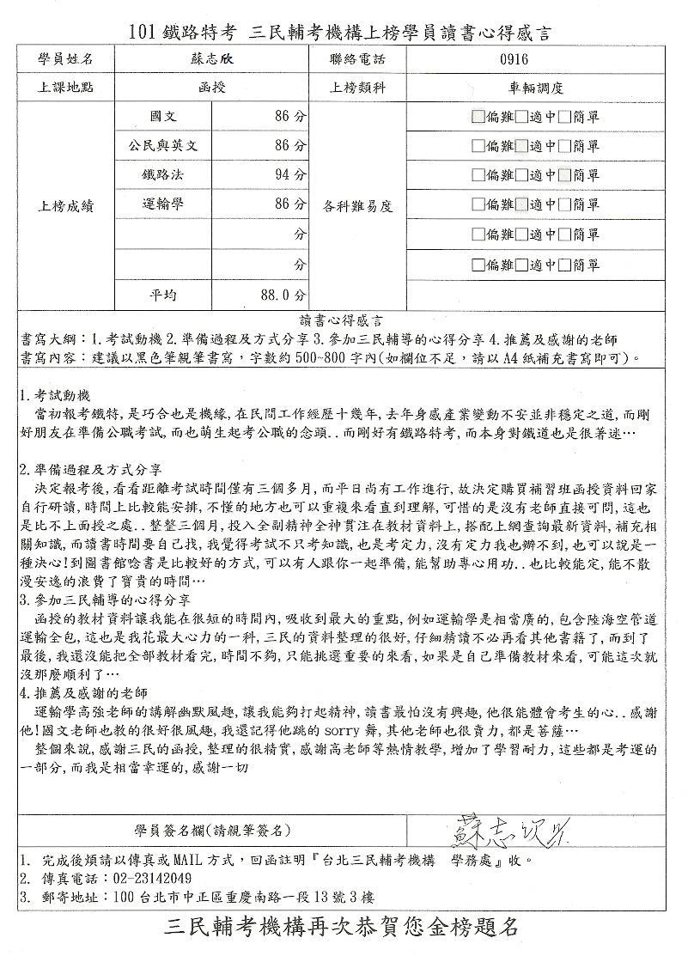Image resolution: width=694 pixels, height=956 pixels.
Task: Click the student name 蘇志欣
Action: tap(212, 58)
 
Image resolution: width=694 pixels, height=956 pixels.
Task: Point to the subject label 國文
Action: tap(162, 115)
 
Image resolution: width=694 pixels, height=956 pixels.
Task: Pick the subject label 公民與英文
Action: tap(162, 145)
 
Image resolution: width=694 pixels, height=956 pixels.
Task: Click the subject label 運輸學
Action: tap(162, 204)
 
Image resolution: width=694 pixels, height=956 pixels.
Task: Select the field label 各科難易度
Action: tap(358, 205)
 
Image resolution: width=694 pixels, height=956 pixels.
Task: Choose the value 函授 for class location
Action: tap(212, 87)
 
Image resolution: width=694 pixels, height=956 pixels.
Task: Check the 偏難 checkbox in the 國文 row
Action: tap(478, 116)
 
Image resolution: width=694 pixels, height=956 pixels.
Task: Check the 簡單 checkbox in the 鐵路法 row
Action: tap(563, 175)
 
